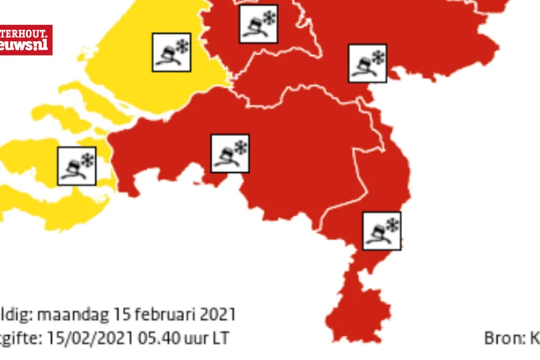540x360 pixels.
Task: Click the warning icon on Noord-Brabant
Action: coord(230,154)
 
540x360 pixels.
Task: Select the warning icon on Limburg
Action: coord(382,230)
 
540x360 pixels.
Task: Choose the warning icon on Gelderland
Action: coord(367,63)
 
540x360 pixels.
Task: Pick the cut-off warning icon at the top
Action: coord(258,24)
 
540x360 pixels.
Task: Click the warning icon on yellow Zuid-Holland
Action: coord(172,52)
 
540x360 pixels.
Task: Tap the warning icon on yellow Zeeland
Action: coord(77,166)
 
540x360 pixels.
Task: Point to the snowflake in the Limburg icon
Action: coord(392,224)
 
